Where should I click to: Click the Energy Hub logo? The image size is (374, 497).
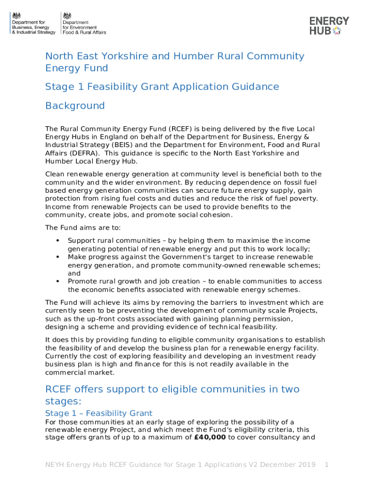tap(329, 26)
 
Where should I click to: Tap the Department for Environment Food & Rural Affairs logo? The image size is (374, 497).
tap(84, 23)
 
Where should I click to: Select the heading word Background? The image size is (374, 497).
tap(75, 106)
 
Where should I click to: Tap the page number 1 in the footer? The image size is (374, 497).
tap(326, 464)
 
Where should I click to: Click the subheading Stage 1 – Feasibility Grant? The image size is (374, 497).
tap(99, 413)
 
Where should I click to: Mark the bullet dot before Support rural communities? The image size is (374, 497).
tap(58, 240)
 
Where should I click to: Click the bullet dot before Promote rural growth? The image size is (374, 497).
tap(58, 281)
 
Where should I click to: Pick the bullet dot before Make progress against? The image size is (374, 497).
tap(58, 257)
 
